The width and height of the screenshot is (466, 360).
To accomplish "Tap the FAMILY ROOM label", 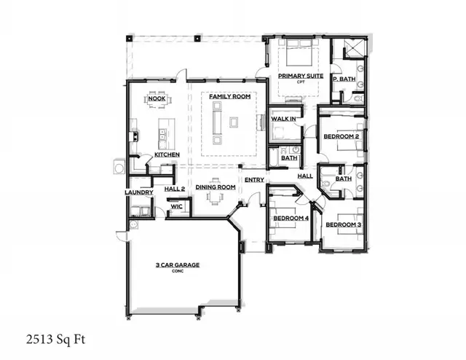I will click(x=225, y=96).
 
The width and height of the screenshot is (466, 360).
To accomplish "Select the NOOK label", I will click(x=156, y=98).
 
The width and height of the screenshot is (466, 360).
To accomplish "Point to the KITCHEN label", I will click(x=167, y=155).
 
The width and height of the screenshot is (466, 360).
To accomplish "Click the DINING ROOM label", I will click(x=216, y=187).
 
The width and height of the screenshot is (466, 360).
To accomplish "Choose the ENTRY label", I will click(x=254, y=180).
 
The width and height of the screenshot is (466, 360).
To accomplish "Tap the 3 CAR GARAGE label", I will click(x=178, y=265).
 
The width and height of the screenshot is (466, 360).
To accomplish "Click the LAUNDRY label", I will click(x=139, y=192).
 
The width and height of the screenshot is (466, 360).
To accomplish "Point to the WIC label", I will click(x=175, y=207).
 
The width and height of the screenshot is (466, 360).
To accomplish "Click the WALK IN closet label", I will click(x=283, y=118).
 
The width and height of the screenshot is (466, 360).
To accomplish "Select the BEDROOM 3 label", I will click(x=343, y=224).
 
